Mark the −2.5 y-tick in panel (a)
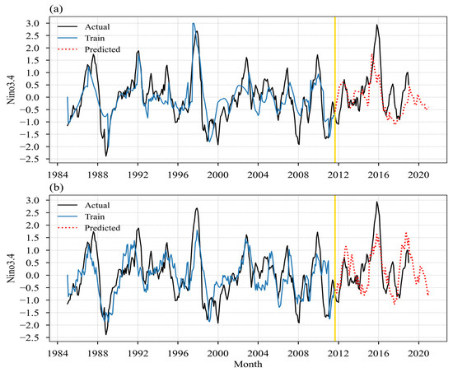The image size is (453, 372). click(39, 159)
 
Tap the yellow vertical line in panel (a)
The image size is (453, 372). click(335, 91)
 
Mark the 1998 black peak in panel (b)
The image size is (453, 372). click(197, 209)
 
